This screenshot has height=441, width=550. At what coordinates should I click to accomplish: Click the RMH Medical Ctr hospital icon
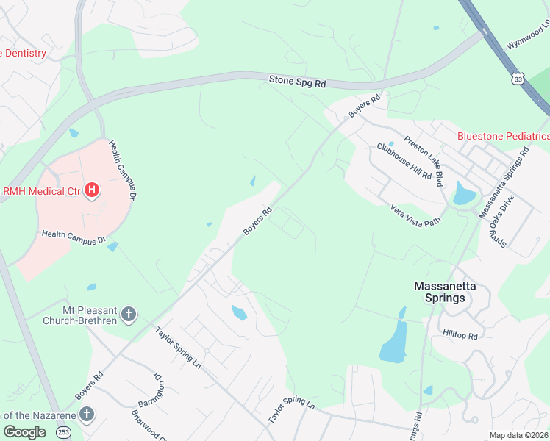point(92,191)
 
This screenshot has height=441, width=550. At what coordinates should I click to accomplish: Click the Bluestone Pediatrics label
point(503,136)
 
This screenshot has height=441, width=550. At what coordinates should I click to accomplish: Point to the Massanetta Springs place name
point(440,292)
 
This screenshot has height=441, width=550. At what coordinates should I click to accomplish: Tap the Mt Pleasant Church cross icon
point(129,315)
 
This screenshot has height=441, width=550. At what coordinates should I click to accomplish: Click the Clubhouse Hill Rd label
point(404,161)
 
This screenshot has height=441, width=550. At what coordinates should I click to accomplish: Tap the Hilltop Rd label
point(460,335)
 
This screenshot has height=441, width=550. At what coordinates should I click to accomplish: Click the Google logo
point(25,431)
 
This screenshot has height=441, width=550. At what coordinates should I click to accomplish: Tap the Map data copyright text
point(518,435)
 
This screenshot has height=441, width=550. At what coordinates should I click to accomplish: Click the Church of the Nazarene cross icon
point(87,414)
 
